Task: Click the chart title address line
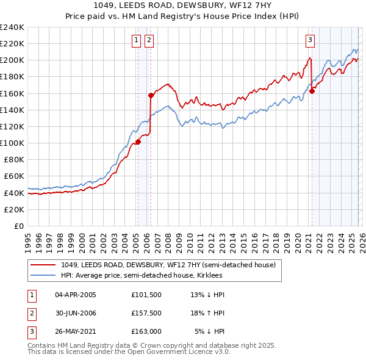pos(183,5)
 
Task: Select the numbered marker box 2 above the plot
pos(149,41)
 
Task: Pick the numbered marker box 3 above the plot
pos(310,41)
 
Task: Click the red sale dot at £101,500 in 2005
pos(138,142)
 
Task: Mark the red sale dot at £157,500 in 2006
pos(151,96)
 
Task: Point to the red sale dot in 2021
pos(312,91)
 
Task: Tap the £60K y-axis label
pos(14,176)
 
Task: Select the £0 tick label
pos(19,226)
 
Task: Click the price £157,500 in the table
pos(146,313)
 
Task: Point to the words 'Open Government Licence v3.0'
pos(177,351)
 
